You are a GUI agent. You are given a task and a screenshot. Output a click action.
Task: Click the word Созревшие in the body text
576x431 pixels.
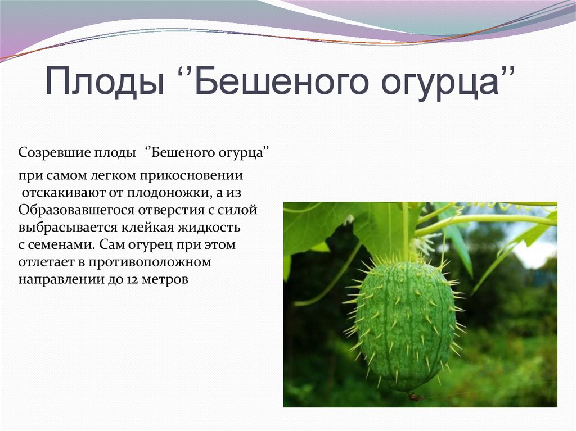pyautogui.click(x=48, y=153)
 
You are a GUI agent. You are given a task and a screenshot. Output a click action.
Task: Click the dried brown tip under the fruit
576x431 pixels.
pyautogui.click(x=415, y=396)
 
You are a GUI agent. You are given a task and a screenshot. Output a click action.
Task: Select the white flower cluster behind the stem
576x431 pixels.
pyautogui.click(x=425, y=243)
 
